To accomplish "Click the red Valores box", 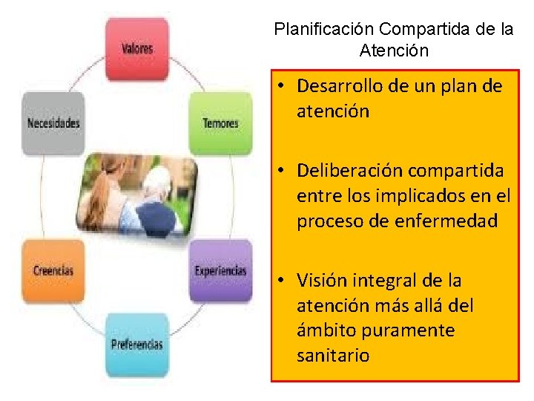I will [x=136, y=49].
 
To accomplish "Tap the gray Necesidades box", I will [x=53, y=123].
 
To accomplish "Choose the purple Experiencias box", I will [x=220, y=270].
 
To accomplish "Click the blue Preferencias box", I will [x=136, y=345].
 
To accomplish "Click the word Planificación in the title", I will [x=324, y=30].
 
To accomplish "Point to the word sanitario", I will [x=333, y=356].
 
